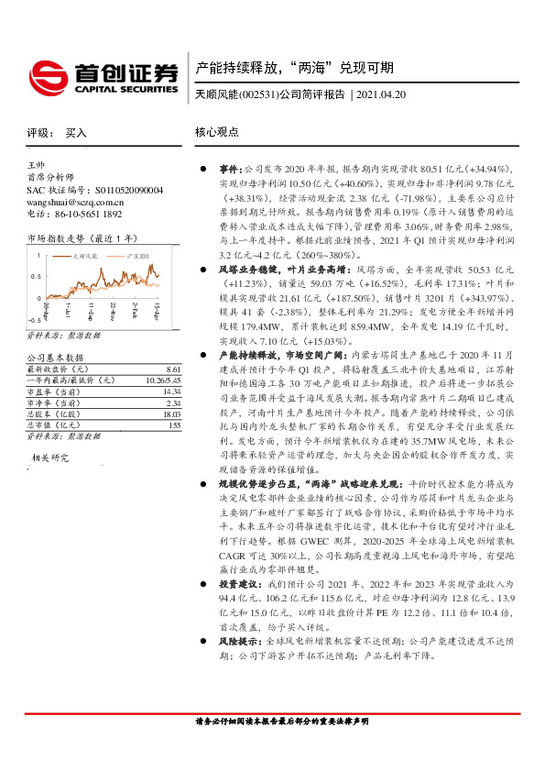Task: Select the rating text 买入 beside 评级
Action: [x=76, y=133]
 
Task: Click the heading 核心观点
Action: [x=217, y=132]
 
